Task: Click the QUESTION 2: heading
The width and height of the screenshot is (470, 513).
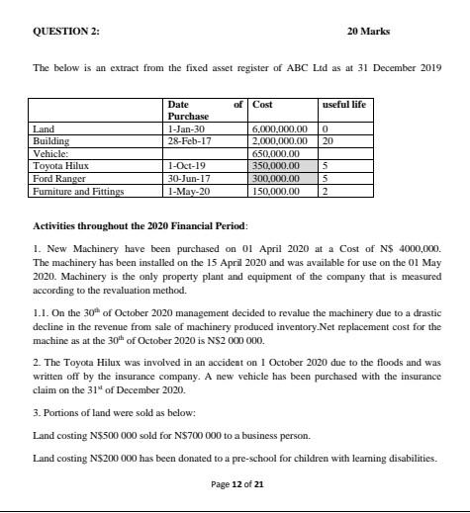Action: [x=66, y=31]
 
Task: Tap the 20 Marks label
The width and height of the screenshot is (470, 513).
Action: [x=368, y=31]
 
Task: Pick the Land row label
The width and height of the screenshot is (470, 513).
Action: [x=44, y=129]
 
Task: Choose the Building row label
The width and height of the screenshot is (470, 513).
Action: [x=50, y=141]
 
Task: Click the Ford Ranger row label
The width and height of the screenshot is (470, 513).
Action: [x=57, y=178]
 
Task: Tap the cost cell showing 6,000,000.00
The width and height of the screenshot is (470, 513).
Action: [x=281, y=129]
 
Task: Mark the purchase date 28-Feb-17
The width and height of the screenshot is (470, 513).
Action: [x=187, y=141]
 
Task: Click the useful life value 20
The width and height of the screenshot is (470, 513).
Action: [x=328, y=141]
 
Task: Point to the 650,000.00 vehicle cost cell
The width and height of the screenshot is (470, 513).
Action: [x=276, y=154]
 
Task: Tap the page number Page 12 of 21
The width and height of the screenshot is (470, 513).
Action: [x=236, y=484]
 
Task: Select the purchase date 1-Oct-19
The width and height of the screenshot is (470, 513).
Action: [x=186, y=166]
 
